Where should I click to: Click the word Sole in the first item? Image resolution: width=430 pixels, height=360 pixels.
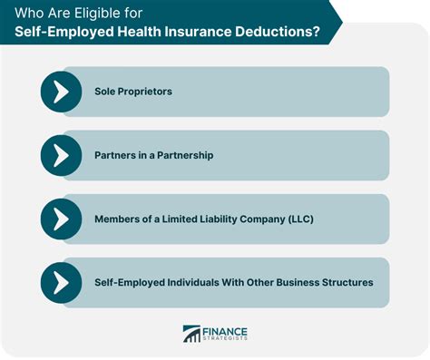click(x=105, y=92)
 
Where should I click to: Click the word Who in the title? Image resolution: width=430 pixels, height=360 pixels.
click(x=24, y=13)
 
